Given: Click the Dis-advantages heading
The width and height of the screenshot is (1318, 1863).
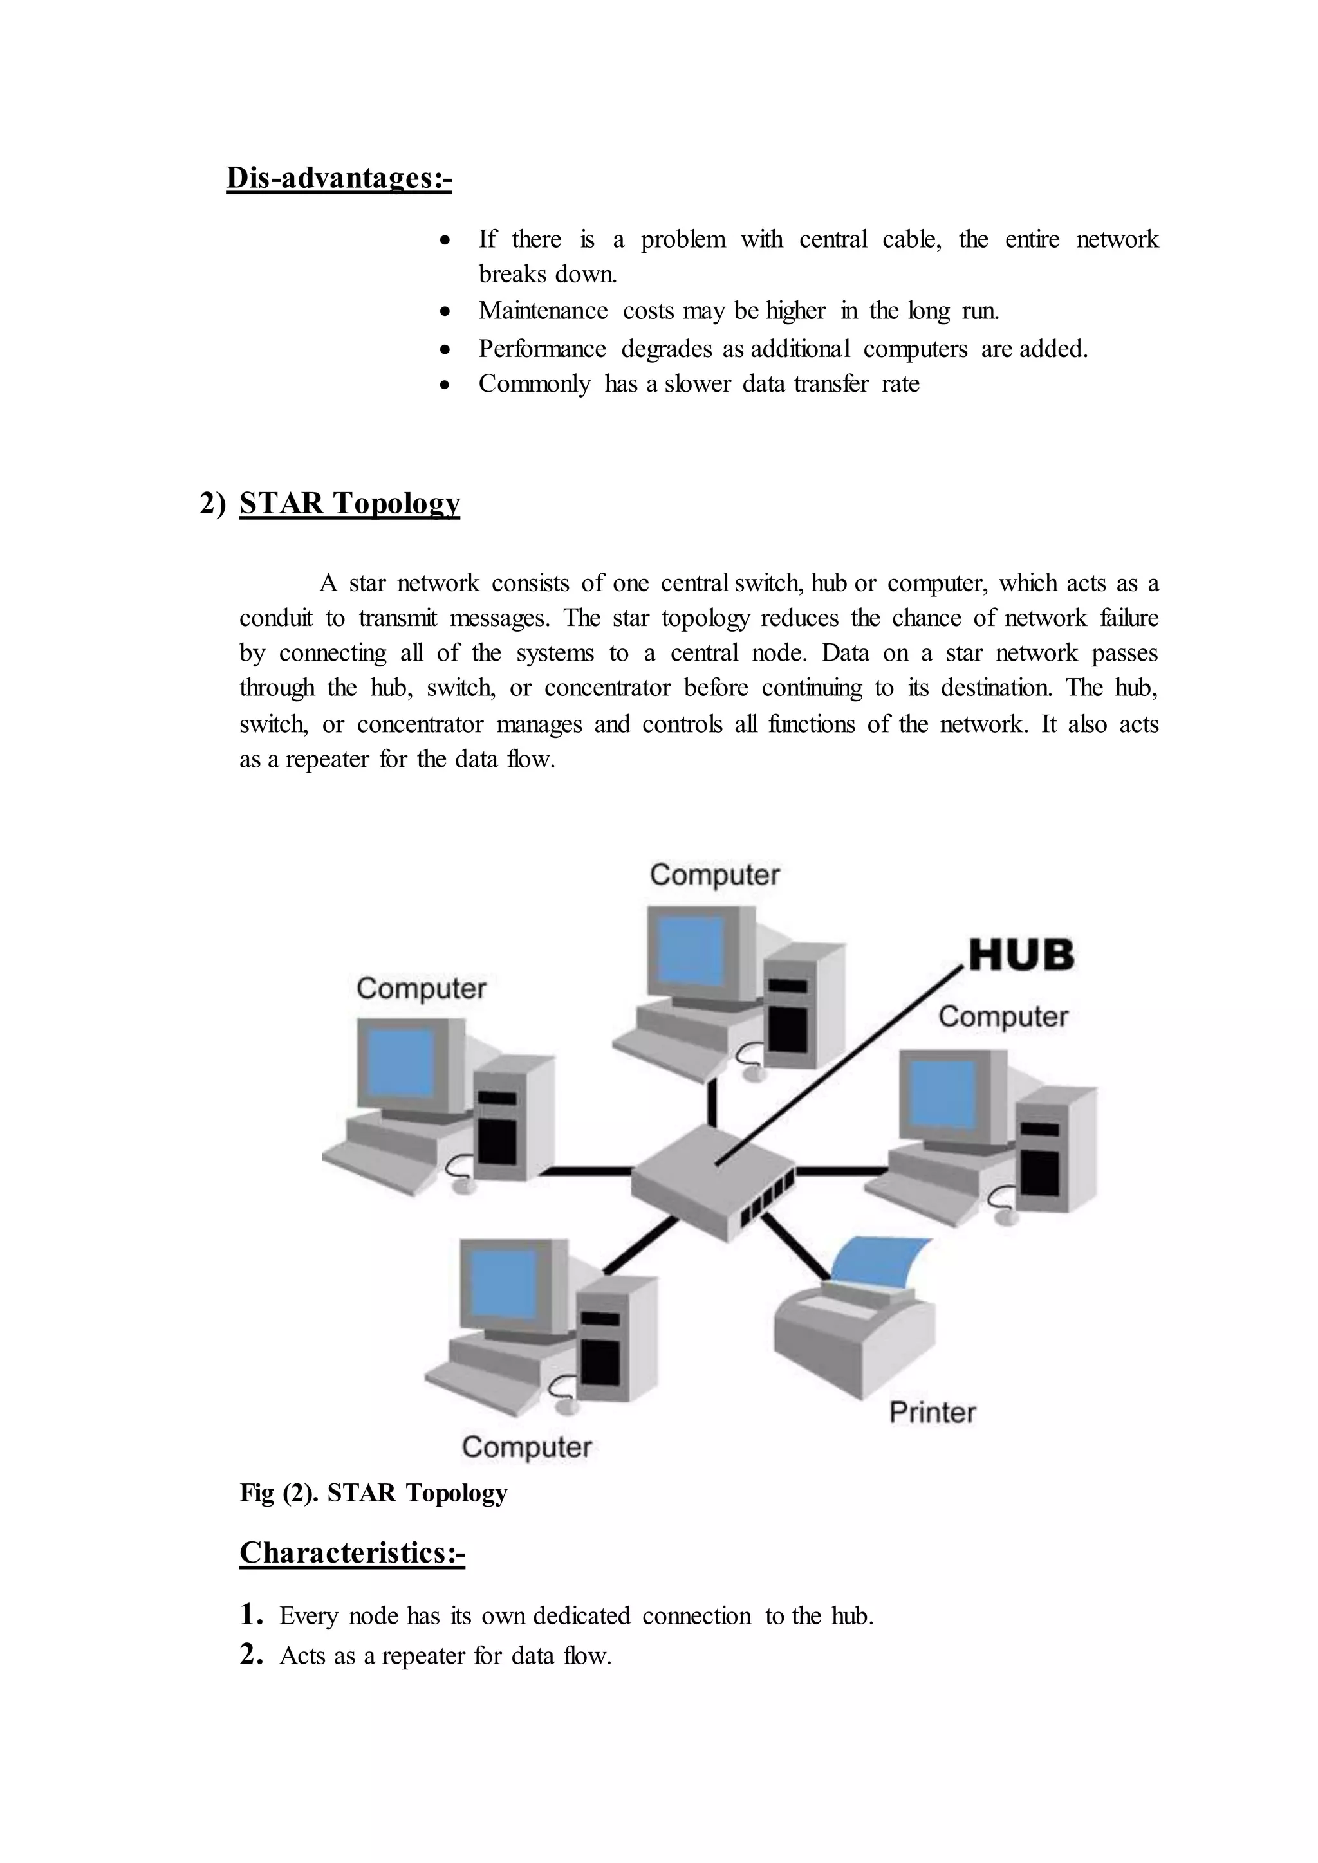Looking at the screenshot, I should pos(339,178).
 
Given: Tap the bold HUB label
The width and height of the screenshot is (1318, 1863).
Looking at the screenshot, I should pos(1021,955).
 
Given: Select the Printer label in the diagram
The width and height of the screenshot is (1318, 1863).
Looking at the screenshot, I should pos(932,1413).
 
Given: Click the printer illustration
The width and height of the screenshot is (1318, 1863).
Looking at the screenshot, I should pos(852,1339).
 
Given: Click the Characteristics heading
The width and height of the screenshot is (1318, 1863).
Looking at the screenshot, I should pos(351,1552).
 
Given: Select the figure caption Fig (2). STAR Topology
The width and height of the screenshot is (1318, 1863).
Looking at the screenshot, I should pos(373,1493).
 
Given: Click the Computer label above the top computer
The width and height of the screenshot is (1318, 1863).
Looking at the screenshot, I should pos(714,875).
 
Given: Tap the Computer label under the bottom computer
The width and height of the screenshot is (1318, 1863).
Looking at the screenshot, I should pos(526,1447).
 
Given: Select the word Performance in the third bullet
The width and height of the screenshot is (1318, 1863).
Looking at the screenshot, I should pos(541,349).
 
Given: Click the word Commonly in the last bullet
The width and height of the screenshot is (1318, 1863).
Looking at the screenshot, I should pos(534,384).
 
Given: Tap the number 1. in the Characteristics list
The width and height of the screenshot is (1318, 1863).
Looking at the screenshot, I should pos(251,1615).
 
